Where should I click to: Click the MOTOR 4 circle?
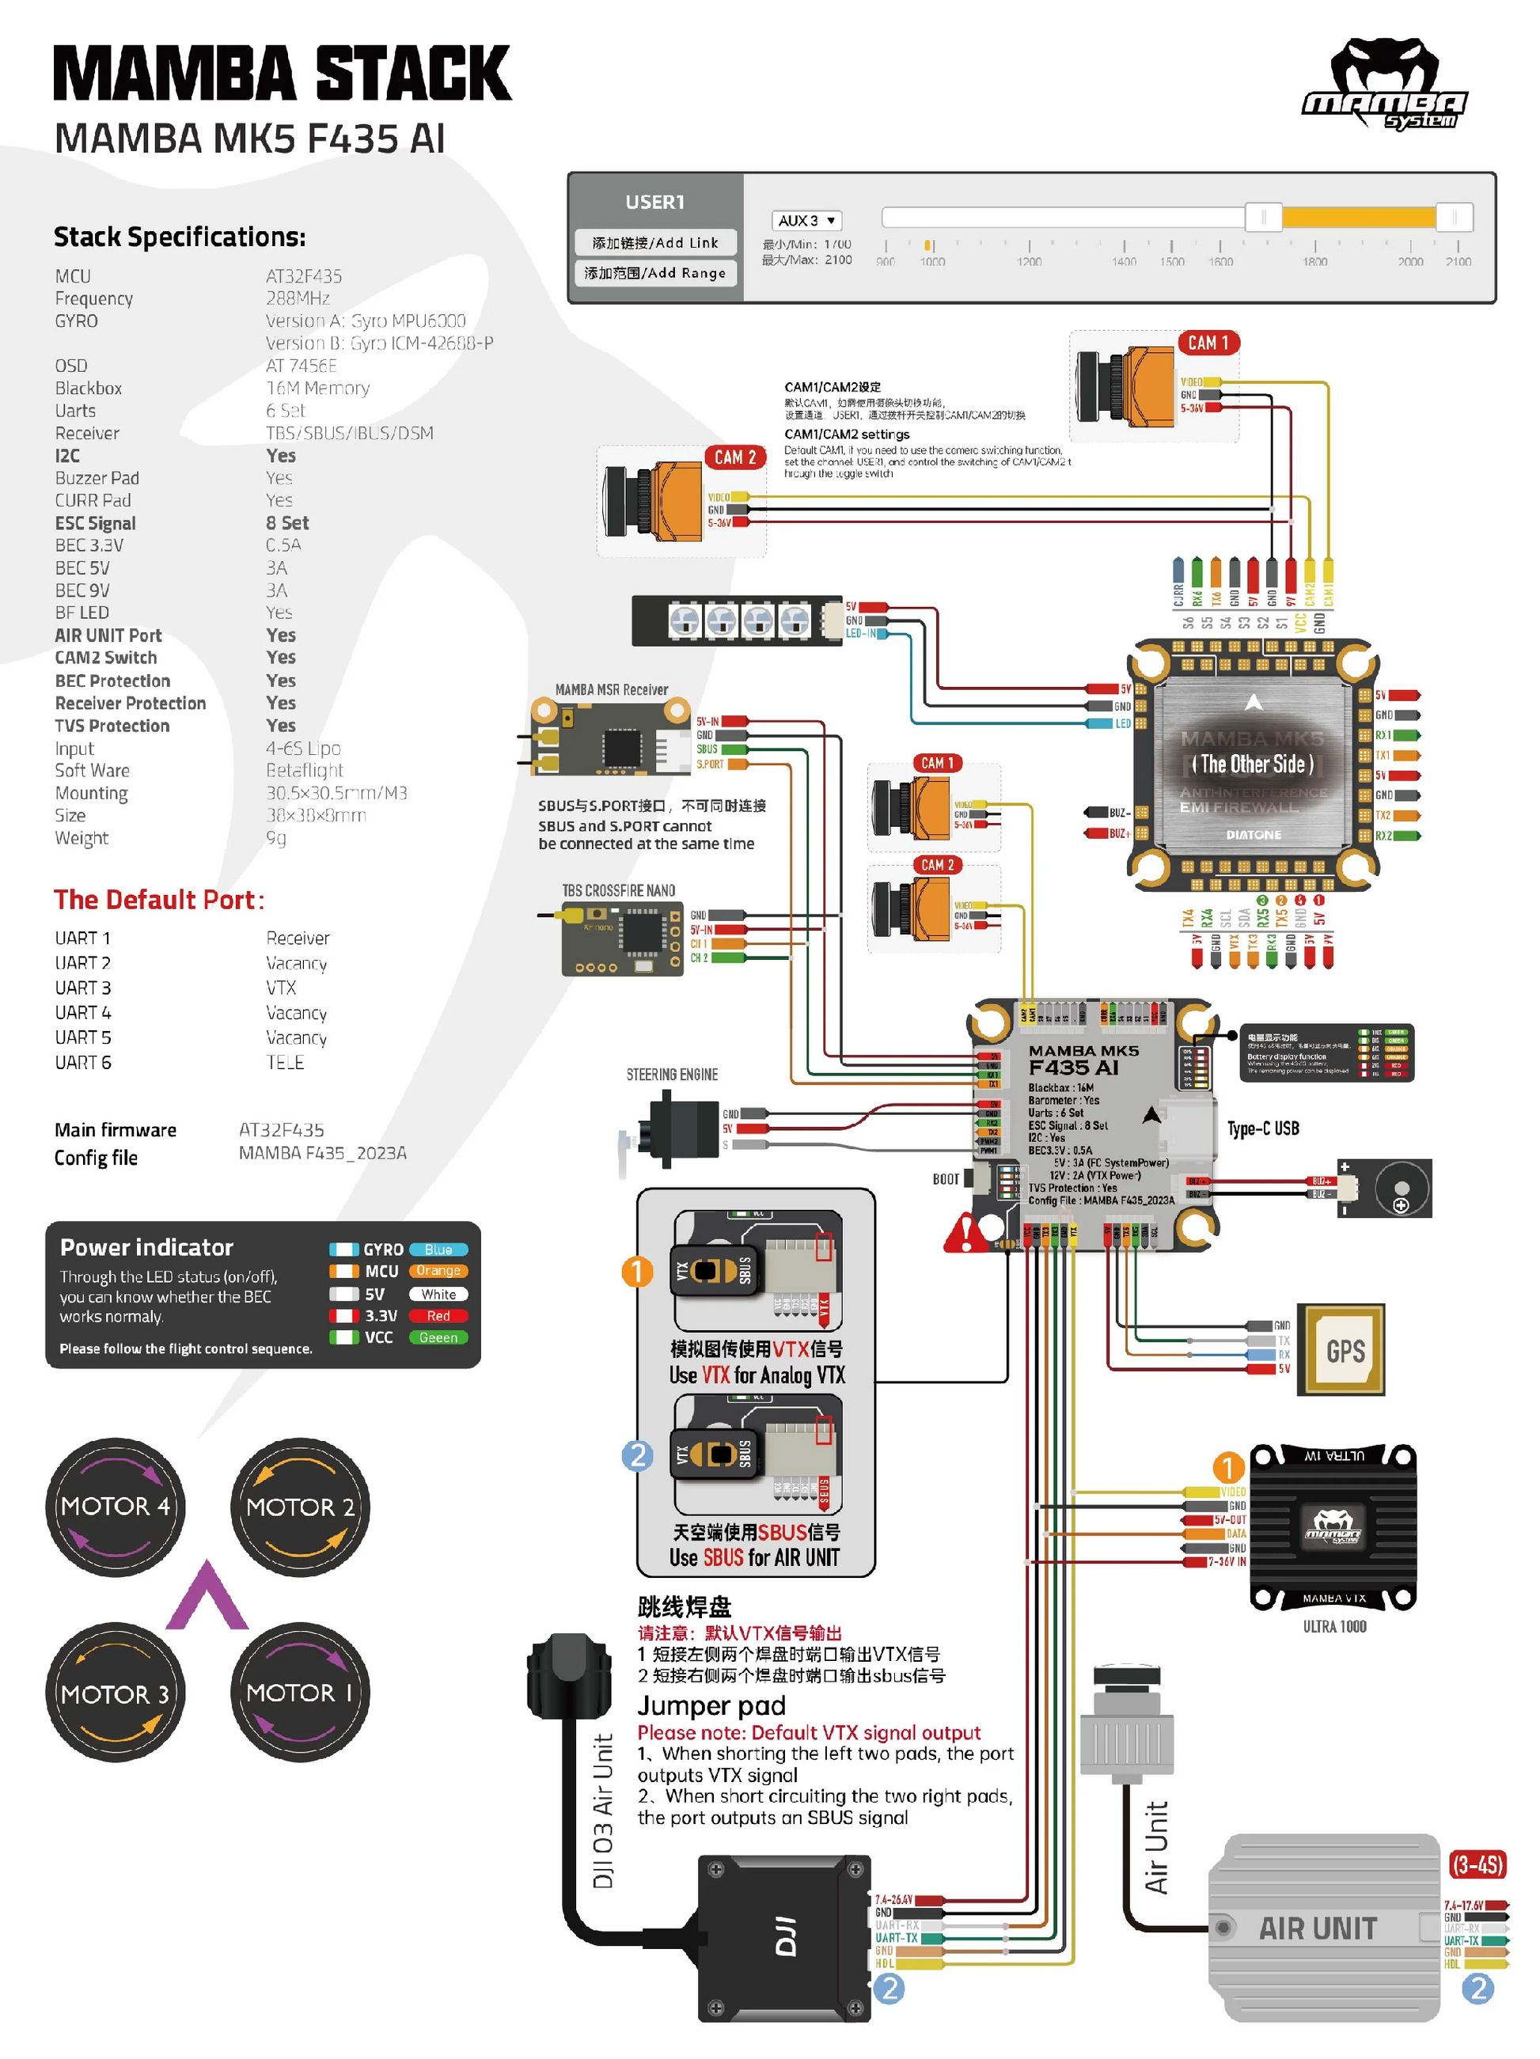tap(115, 1506)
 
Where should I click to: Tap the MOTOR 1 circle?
tap(300, 1693)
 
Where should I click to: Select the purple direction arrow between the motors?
tap(207, 1598)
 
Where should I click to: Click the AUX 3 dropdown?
tap(806, 221)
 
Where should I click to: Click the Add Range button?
tap(654, 273)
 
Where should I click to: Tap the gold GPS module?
tap(1345, 1350)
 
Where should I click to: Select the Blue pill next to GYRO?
tap(438, 1249)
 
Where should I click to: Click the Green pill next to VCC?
tap(438, 1337)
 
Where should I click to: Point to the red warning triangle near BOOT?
tap(965, 1234)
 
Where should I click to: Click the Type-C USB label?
tap(1262, 1129)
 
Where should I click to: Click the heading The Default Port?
tap(158, 899)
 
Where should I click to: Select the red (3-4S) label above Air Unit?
tap(1477, 1864)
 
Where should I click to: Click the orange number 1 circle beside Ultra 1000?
tap(1227, 1468)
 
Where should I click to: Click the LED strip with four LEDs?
tap(738, 620)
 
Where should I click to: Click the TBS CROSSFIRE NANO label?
tap(618, 891)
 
